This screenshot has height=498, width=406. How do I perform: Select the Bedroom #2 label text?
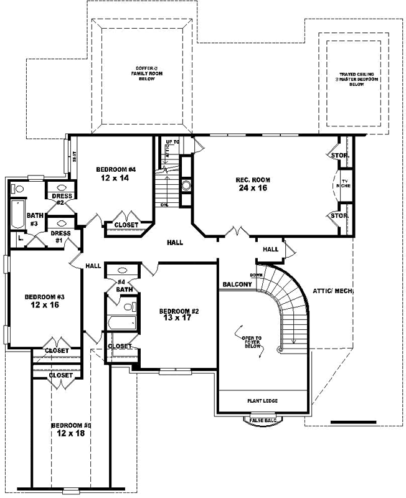(178, 311)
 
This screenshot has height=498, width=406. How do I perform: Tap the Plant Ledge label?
(262, 401)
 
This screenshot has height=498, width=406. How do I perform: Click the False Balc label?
(262, 421)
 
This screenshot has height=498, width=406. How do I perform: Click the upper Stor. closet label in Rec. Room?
(339, 155)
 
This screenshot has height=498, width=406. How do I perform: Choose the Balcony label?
(237, 284)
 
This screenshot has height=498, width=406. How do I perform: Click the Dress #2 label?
(62, 199)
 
